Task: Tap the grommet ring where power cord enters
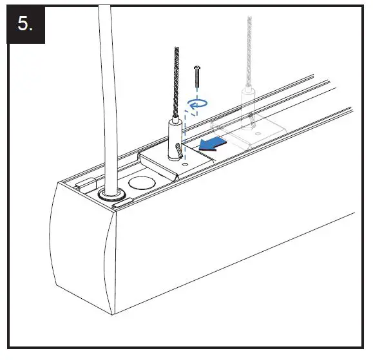click(x=113, y=196)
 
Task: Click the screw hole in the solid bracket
click(x=185, y=165)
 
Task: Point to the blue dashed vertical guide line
click(x=184, y=138)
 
